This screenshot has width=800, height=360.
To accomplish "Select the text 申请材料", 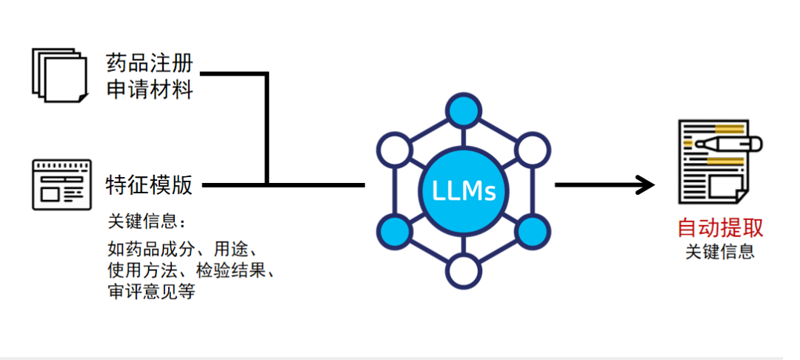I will tap(149, 90).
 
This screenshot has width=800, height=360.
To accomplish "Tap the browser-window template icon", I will tap(61, 184).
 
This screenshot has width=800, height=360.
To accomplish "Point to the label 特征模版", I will tap(149, 184).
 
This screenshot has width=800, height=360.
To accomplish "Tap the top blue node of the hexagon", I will tap(464, 110).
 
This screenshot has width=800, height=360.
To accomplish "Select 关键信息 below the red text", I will tap(720, 252).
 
